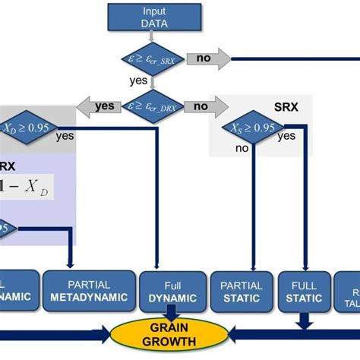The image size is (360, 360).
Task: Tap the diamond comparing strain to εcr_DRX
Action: point(156,108)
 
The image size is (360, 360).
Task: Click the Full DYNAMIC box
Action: point(171,291)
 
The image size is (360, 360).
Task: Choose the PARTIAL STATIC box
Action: point(242,291)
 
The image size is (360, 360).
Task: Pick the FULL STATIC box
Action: point(305,291)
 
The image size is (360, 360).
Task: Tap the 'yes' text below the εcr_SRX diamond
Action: point(139,79)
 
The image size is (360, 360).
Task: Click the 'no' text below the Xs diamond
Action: point(242,150)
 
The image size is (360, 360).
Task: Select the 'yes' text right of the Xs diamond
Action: point(286,136)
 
